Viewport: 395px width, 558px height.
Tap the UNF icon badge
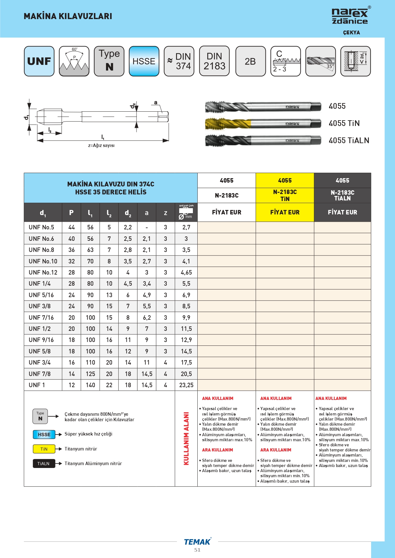pos(39,61)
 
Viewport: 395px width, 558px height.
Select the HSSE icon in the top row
pos(144,61)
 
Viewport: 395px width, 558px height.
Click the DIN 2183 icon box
pos(214,61)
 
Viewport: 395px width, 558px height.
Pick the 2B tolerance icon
pos(250,61)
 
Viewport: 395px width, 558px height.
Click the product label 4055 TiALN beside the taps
pos(349,141)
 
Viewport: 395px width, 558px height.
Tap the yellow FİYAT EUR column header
pos(285,212)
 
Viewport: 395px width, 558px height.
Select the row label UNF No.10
pos(43,261)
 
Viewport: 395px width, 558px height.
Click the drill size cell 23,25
pos(186,385)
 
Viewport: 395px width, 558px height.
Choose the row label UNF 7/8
pos(40,374)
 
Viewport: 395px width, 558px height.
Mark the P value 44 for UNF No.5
pos(72,227)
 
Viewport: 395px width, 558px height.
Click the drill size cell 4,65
pos(186,273)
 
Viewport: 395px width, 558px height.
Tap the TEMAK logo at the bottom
pos(197,542)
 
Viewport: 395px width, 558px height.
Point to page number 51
pos(197,550)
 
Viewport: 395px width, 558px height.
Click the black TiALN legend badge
pos(44,464)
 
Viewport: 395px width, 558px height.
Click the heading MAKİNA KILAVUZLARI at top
pos(68,16)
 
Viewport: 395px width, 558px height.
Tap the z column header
pos(166,213)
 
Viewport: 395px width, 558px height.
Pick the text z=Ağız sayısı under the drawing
pos(101,145)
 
